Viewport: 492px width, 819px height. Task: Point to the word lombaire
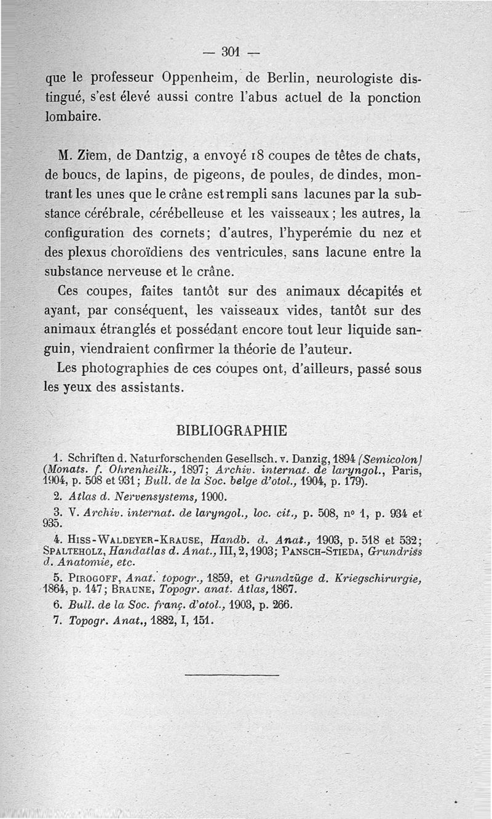coord(72,117)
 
